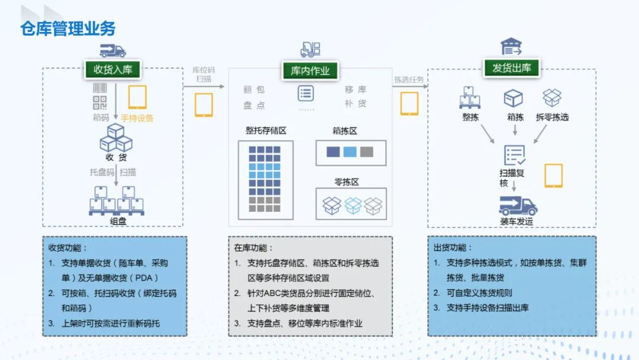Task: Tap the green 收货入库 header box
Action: pos(112,69)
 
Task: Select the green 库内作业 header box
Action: pos(310,72)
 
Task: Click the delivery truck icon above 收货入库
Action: pos(112,50)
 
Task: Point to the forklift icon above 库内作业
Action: pos(310,50)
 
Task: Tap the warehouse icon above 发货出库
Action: pos(511,47)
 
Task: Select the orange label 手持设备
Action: pos(137,118)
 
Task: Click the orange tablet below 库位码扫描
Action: pos(204,105)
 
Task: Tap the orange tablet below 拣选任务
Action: pos(409,104)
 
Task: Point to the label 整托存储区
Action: pos(266,130)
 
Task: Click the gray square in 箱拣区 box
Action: pos(367,152)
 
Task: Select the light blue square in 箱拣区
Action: pos(350,152)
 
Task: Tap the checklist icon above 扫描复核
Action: pos(514,155)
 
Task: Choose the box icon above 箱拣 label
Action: pos(514,98)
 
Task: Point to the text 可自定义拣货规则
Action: pos(479,293)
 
